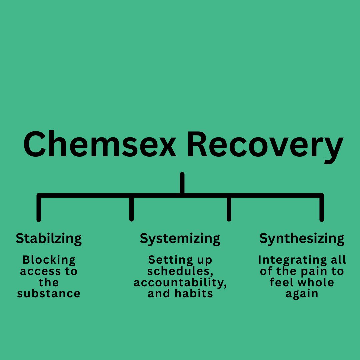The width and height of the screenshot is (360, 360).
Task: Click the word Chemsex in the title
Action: point(100,144)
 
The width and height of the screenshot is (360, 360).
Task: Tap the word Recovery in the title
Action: point(265,147)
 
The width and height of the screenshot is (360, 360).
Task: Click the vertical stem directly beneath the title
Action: point(182,183)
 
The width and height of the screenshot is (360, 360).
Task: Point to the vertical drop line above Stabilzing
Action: point(39,208)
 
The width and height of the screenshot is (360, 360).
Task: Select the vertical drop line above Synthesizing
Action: point(322,208)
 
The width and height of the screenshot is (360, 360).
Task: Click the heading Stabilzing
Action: point(49,239)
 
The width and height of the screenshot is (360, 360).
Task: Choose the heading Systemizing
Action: point(180,239)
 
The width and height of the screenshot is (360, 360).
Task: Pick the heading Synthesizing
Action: point(302,239)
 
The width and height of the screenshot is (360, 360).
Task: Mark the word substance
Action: point(49,293)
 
